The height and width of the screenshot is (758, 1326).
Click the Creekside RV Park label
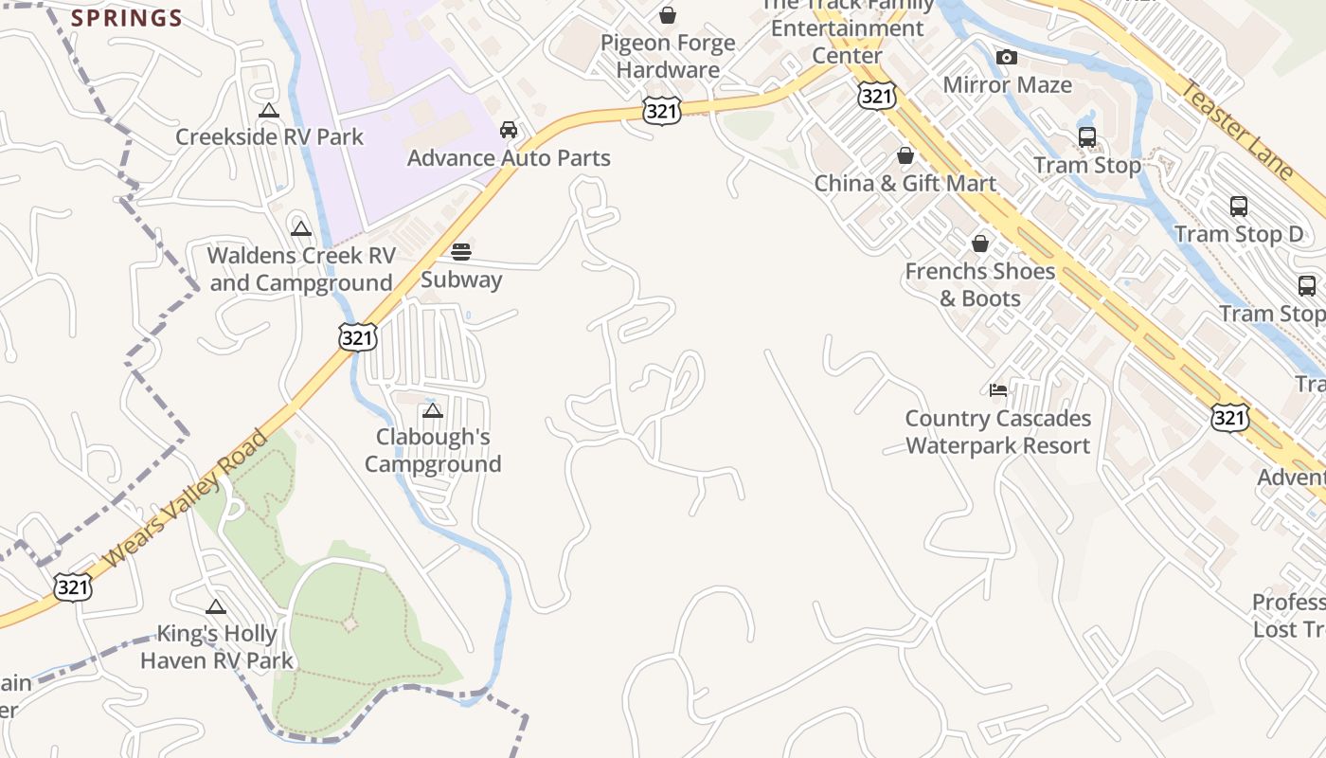pos(269,136)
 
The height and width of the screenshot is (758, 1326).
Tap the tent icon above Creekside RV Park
pos(269,110)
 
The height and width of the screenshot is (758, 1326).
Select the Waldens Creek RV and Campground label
pos(301,269)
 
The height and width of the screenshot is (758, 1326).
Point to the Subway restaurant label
pos(461,280)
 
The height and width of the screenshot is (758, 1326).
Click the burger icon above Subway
pos(461,252)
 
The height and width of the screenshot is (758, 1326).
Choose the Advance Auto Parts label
pos(509,157)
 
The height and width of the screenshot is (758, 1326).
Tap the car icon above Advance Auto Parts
pos(509,130)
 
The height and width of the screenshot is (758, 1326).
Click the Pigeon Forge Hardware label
pos(668,56)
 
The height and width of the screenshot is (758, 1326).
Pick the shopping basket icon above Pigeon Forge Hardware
pos(668,15)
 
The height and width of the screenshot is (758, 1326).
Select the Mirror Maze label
pos(1007,84)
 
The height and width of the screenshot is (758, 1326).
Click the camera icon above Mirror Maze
pos(1007,58)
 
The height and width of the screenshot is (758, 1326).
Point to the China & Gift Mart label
pos(905,183)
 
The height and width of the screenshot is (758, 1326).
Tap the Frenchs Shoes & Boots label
pos(979,284)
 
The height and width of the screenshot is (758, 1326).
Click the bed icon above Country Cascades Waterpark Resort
pos(998,389)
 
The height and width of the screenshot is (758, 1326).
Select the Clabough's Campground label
pos(433,450)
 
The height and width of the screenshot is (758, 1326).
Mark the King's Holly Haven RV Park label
pos(217,647)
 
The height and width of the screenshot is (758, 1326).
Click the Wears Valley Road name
pos(186,500)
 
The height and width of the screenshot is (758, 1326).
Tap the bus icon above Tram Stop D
pos(1238,207)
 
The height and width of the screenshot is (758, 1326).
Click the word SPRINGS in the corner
pos(127,18)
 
